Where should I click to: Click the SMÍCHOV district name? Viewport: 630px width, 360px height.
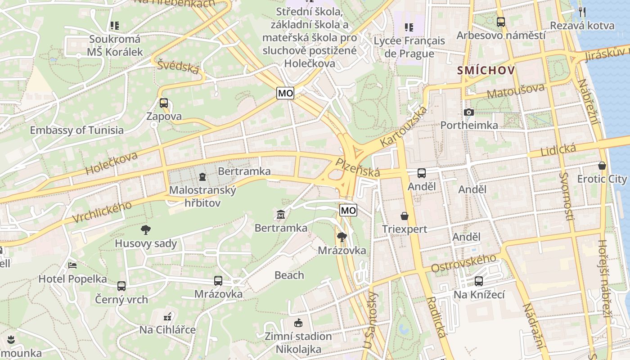click(486, 71)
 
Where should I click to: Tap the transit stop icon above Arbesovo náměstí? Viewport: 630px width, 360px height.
click(500, 22)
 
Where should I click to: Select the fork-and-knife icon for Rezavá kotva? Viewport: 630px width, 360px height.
click(582, 12)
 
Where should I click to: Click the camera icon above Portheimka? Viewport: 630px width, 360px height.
click(468, 112)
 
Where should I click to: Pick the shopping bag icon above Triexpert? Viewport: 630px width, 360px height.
click(405, 216)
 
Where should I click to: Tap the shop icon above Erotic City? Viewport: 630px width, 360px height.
click(602, 166)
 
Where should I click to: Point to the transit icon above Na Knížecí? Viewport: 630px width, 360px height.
click(479, 281)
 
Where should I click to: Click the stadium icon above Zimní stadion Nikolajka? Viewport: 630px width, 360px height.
click(298, 323)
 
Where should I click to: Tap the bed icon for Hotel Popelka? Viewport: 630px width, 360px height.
click(72, 265)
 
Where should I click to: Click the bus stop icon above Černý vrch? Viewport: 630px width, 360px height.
click(121, 286)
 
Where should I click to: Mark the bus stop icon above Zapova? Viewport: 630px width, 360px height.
click(164, 103)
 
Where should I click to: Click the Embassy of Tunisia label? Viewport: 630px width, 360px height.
click(76, 130)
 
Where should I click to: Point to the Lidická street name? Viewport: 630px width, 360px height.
click(558, 150)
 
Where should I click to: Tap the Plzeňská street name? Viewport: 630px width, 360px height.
click(358, 167)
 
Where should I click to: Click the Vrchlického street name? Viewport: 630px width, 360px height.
click(102, 211)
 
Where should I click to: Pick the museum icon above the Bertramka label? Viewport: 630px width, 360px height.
click(281, 214)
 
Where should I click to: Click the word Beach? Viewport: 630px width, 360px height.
click(289, 275)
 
